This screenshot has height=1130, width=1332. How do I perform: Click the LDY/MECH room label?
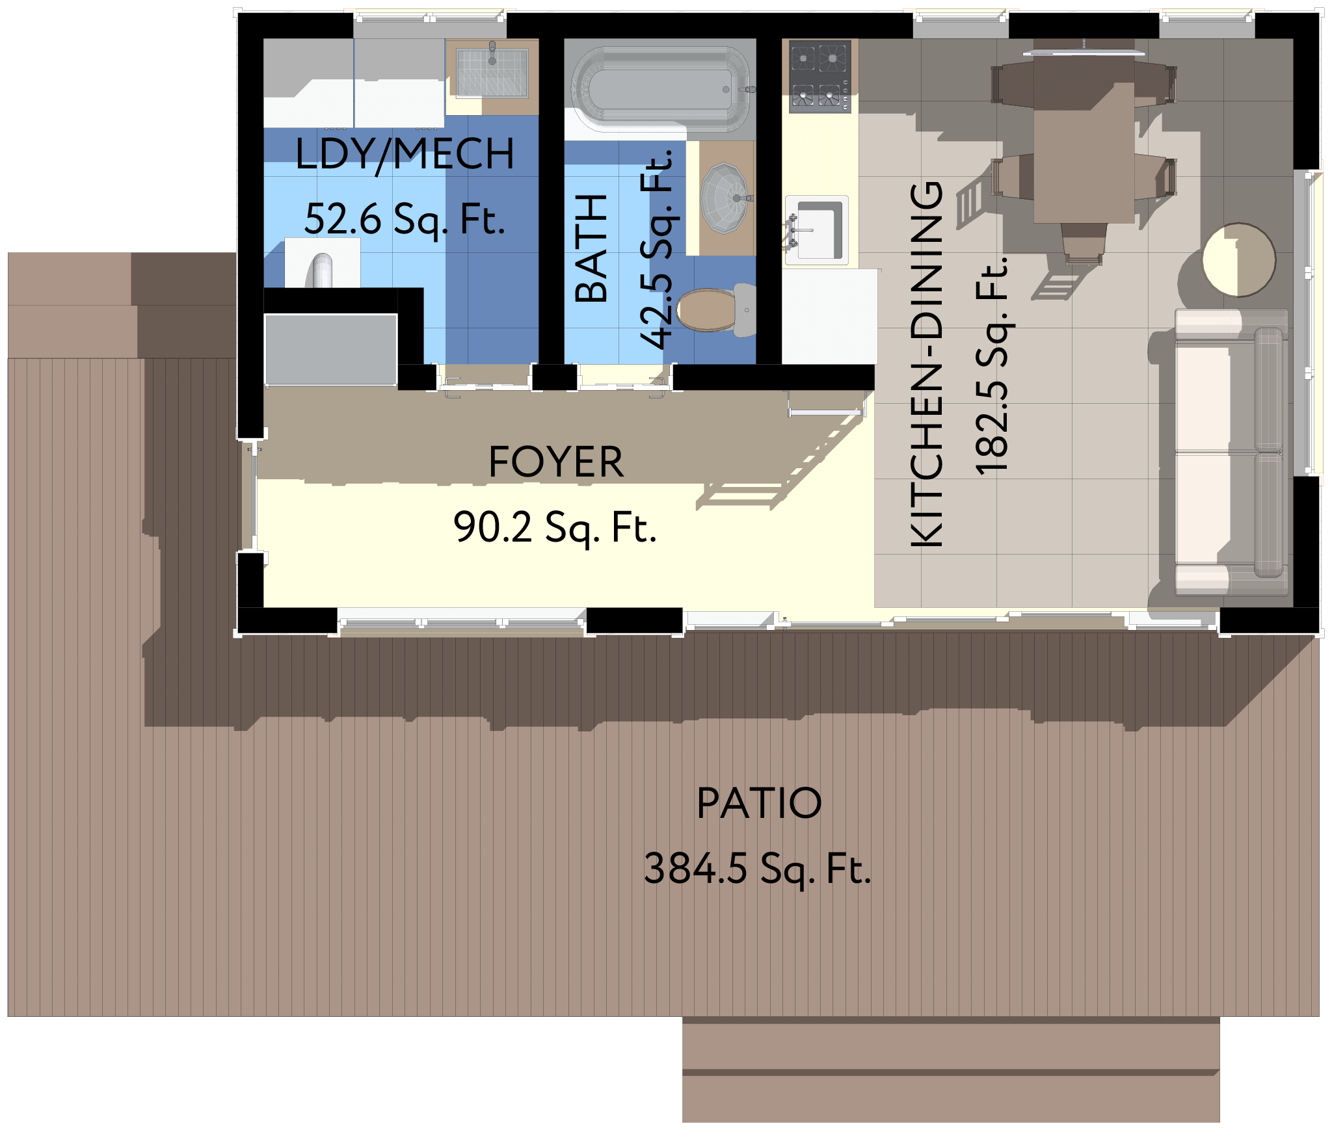[405, 155]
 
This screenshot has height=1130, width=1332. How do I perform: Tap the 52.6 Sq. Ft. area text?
[405, 219]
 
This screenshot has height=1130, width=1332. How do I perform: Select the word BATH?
[591, 248]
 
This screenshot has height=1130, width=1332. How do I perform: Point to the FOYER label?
[556, 462]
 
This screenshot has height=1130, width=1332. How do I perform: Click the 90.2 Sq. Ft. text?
[555, 527]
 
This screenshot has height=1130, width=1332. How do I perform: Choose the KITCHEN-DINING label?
[926, 364]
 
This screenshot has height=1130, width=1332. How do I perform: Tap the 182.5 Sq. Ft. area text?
[991, 365]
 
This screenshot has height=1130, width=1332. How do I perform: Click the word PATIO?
[759, 804]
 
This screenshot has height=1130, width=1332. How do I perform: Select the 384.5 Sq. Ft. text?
[757, 869]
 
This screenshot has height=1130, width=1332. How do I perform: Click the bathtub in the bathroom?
[661, 89]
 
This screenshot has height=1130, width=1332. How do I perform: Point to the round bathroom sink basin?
[726, 198]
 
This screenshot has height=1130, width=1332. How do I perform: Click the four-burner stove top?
[820, 76]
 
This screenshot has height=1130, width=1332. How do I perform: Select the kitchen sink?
[818, 230]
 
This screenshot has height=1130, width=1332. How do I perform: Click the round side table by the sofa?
[1239, 259]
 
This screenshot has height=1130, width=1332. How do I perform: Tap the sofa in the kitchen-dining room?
[1231, 453]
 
